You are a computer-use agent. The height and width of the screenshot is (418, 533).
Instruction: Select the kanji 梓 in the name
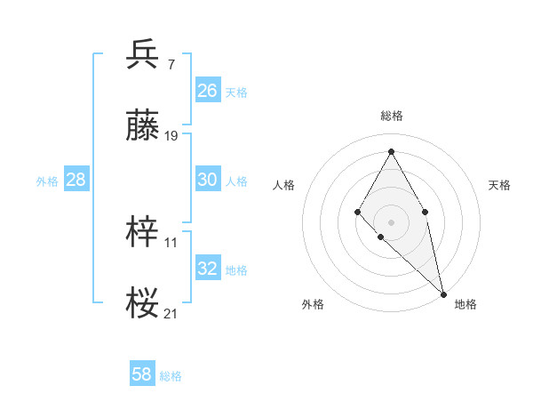click(x=142, y=233)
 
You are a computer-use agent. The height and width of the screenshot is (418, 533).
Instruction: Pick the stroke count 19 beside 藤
click(x=171, y=136)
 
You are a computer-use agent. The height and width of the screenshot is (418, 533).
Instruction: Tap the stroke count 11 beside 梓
click(x=171, y=241)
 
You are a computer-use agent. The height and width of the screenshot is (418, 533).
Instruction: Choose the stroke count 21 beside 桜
click(x=171, y=313)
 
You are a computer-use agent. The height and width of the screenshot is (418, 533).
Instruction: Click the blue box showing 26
click(x=207, y=91)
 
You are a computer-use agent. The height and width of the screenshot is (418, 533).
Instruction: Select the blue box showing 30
click(x=207, y=180)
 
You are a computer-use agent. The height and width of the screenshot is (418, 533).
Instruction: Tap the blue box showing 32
click(x=207, y=269)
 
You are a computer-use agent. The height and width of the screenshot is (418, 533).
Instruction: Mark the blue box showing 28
click(x=76, y=180)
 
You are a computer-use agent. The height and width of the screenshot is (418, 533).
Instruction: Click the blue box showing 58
click(x=142, y=374)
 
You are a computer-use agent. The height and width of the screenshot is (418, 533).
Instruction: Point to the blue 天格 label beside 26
click(x=236, y=92)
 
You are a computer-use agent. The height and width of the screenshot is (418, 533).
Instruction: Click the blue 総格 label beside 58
click(x=171, y=376)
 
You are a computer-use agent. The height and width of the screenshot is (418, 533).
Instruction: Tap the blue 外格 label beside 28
click(x=47, y=181)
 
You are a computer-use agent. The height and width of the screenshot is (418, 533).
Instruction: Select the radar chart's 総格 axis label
click(x=391, y=117)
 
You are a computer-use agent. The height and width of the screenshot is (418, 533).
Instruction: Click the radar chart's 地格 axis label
click(x=465, y=304)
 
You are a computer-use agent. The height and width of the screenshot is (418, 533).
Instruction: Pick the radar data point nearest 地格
click(x=442, y=293)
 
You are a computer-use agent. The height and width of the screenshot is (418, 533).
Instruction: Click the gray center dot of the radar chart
click(x=391, y=221)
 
